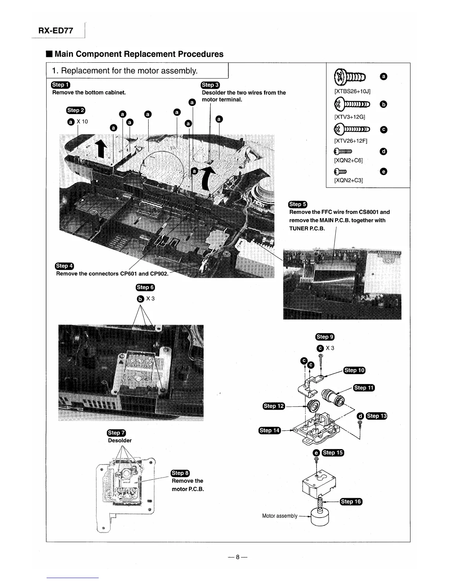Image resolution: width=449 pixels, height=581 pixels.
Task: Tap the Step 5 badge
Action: pos(298,204)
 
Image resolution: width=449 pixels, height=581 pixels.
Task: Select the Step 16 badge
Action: pos(351,501)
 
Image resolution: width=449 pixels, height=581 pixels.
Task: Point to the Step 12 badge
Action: pos(274,406)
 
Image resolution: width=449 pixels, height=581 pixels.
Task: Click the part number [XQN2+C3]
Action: pos(348,180)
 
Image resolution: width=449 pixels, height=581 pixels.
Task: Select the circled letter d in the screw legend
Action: pos(384,151)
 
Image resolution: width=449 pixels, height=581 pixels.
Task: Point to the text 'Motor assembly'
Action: pos(280,516)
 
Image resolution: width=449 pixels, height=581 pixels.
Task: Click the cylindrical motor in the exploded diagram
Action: pos(320,516)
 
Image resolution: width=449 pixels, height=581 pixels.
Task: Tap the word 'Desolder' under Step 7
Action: pos(120,440)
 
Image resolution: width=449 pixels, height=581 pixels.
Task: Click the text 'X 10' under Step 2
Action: pos(83,121)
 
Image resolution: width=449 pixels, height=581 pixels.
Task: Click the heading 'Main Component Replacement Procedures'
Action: pos(139,54)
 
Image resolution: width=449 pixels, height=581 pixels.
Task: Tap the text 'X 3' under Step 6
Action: pos(150,299)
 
